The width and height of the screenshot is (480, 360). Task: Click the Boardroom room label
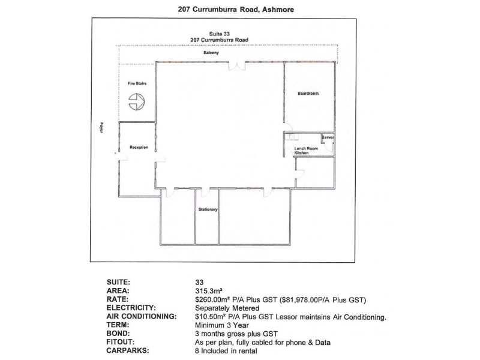[308, 94]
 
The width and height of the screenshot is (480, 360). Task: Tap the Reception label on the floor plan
[139, 147]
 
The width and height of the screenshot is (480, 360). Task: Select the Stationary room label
[208, 209]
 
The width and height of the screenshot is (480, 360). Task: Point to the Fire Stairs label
[137, 83]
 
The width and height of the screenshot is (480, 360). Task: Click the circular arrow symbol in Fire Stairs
[136, 101]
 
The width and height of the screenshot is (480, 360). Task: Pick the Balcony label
[211, 53]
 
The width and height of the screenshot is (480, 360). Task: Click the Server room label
[328, 137]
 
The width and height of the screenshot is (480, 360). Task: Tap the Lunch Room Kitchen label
[306, 151]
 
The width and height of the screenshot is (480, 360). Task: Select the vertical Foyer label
[101, 128]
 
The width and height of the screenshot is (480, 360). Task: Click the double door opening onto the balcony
[237, 65]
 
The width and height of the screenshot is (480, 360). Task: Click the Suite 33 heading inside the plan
[220, 34]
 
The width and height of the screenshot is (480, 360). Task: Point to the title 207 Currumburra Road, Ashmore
[236, 10]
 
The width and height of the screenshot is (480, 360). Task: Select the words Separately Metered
[227, 308]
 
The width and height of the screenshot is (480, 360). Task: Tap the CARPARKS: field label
[128, 351]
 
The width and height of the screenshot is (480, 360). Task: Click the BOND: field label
[118, 334]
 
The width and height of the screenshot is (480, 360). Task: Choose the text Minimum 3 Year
[222, 325]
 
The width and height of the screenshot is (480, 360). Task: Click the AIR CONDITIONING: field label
[142, 317]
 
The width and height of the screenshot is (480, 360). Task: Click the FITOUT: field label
[121, 342]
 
